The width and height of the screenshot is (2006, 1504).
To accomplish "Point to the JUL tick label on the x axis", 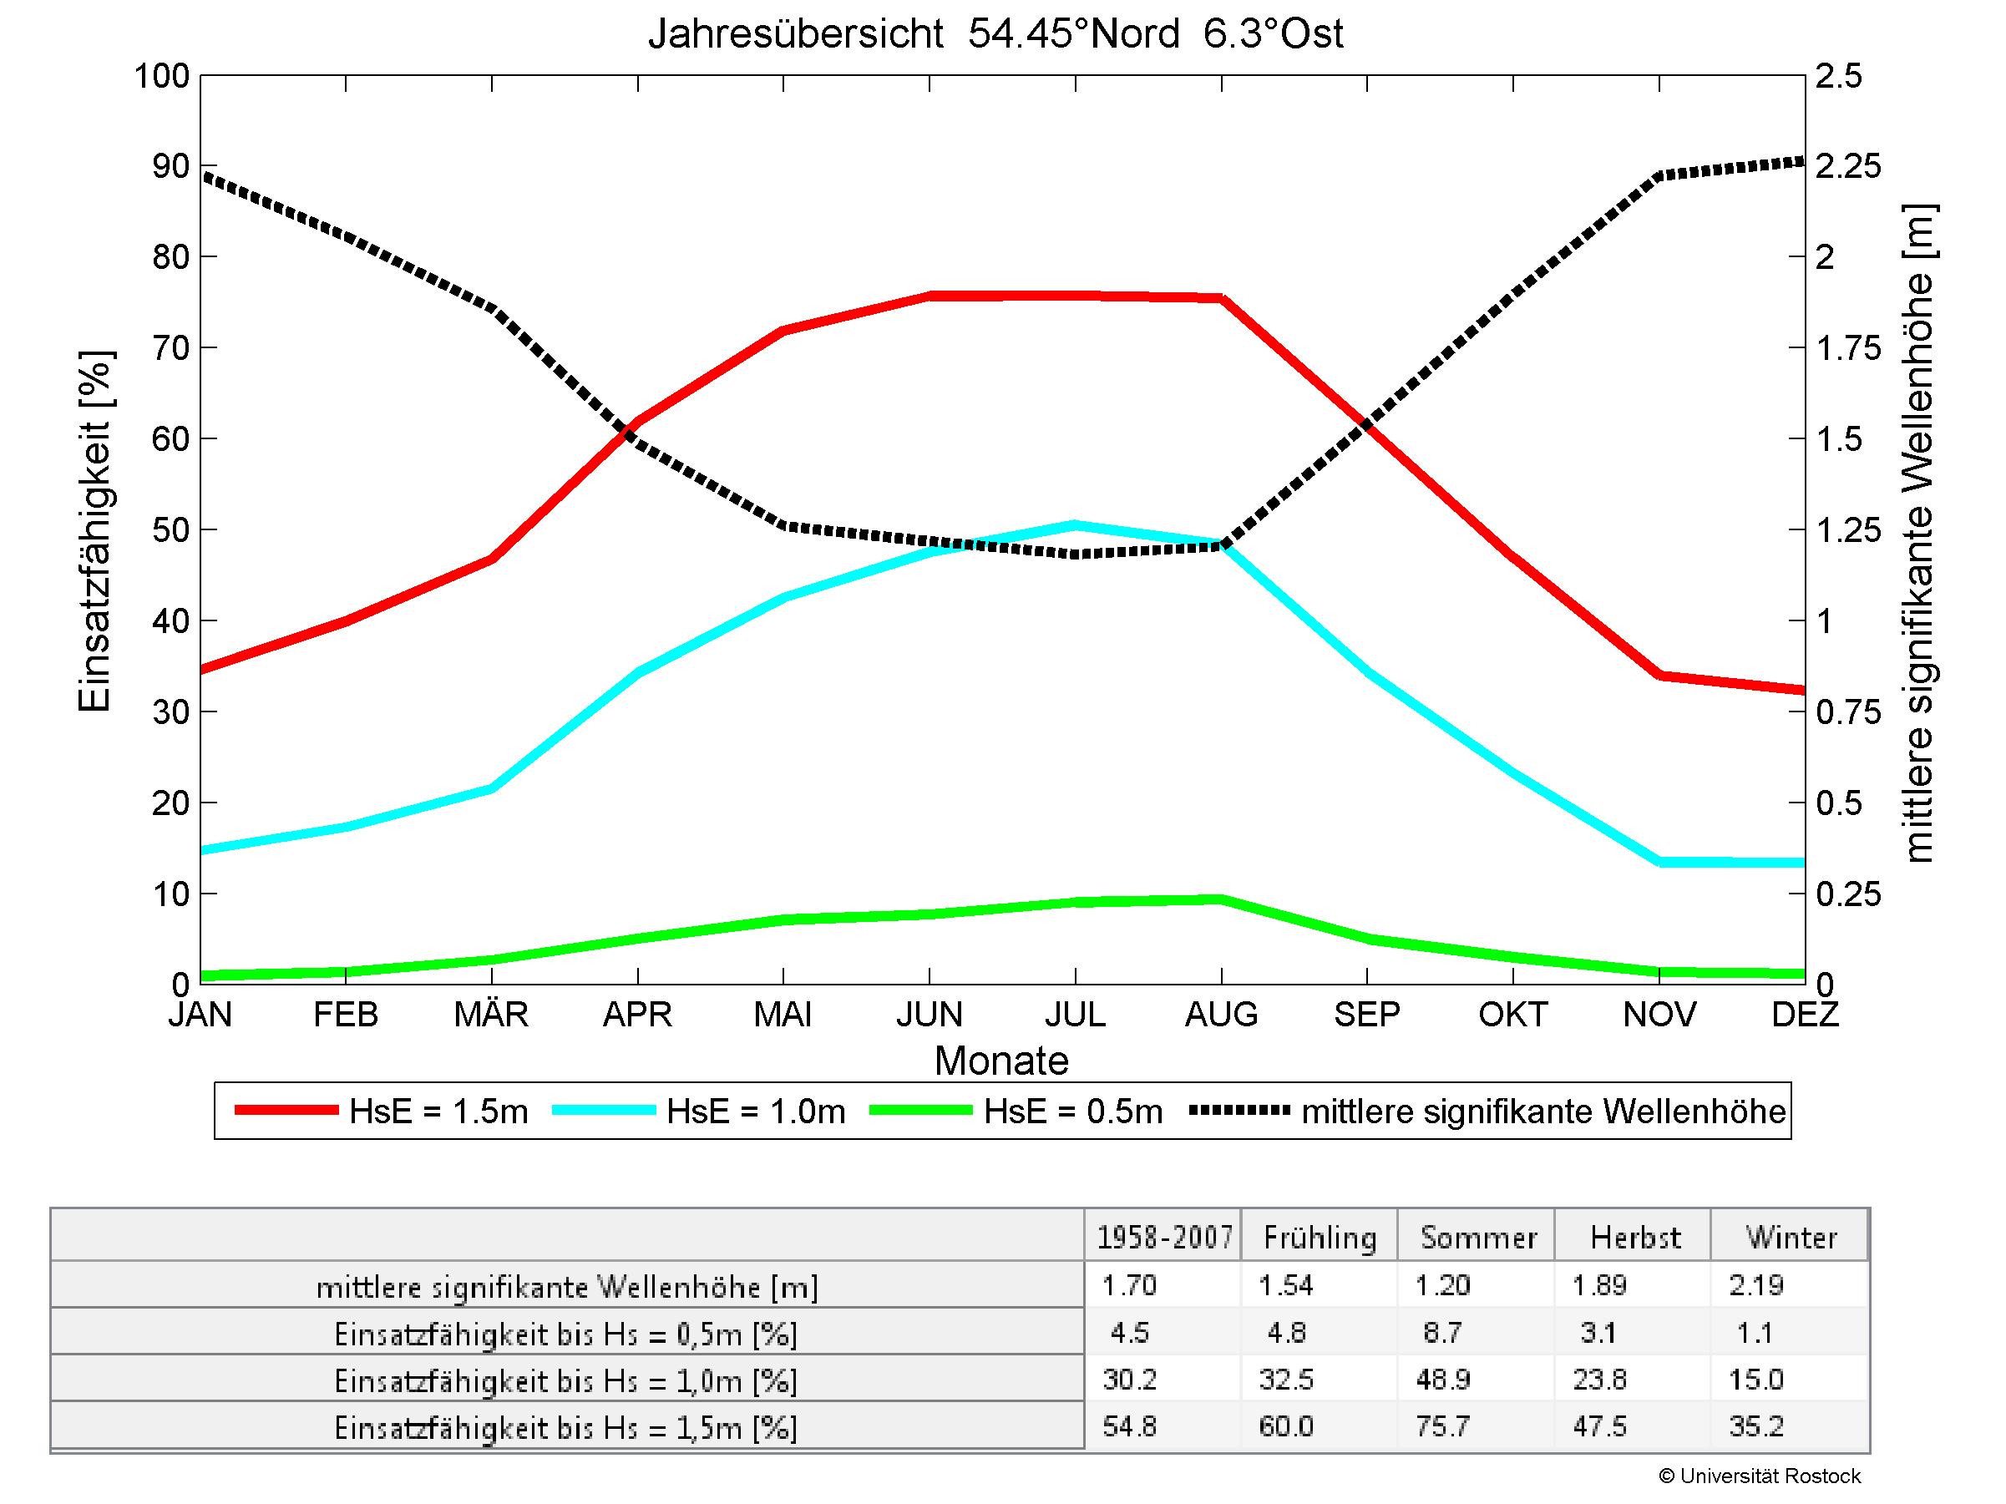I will point(1075,1014).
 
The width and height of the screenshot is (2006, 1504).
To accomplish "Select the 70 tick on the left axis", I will point(170,348).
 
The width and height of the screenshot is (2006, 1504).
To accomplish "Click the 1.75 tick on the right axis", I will point(1848,348).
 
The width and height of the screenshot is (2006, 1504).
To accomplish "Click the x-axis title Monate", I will point(1001,1061).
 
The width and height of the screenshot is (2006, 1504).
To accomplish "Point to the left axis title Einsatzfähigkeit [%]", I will point(94,531).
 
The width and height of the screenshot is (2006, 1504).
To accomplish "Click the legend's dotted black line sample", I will point(1239,1111).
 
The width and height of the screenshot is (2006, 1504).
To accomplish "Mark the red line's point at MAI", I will point(783,330).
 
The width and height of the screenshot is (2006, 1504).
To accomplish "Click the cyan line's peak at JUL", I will point(1076,525).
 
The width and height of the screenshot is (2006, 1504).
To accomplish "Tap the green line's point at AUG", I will point(1222,899).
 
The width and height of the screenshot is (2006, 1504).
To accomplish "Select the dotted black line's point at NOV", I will point(1659,176).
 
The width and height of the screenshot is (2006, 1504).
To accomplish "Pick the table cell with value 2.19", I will point(1755,1285).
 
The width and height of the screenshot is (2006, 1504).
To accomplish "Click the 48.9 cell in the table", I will point(1442,1380).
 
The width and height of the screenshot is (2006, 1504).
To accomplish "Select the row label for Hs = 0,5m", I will point(566,1334).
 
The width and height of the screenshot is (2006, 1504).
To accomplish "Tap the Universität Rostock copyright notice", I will point(1760,1476).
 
